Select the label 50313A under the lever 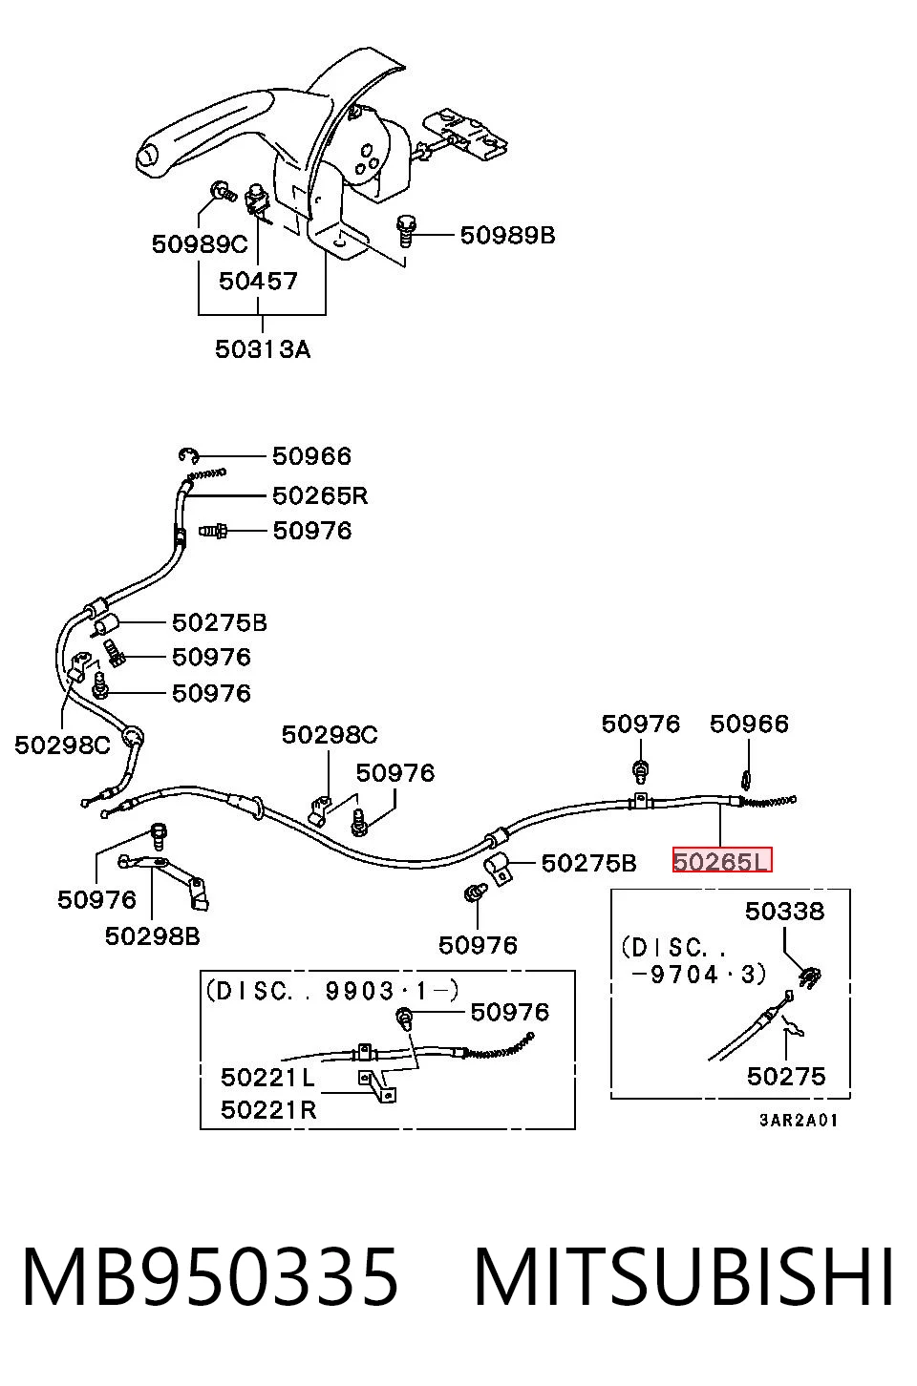click(263, 349)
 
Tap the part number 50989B click(508, 235)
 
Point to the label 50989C click(200, 244)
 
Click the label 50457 click(258, 282)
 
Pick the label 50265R click(320, 495)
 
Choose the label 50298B click(152, 936)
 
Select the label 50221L click(268, 1078)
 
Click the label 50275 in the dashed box click(786, 1077)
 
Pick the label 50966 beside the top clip click(312, 456)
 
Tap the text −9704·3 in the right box click(699, 975)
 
